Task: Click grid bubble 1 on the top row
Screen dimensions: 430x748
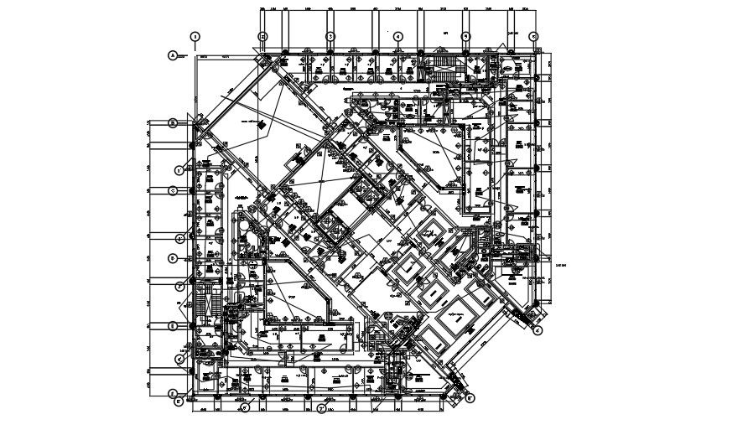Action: click(x=195, y=37)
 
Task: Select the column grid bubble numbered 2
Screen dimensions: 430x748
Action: click(x=262, y=37)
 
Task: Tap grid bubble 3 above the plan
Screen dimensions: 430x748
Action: click(x=330, y=37)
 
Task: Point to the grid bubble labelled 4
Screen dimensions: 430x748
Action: click(x=397, y=37)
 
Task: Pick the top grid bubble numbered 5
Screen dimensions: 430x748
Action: click(x=465, y=37)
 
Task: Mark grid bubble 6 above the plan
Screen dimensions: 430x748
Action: click(x=533, y=37)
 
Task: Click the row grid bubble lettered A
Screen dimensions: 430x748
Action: click(x=174, y=56)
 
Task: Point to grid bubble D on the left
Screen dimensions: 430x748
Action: click(x=174, y=259)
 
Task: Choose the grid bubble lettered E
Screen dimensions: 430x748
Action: click(x=174, y=326)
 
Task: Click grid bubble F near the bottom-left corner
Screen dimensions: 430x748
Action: click(x=174, y=393)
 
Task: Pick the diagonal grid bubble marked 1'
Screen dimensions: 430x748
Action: click(x=179, y=170)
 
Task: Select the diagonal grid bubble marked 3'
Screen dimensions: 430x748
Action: click(x=179, y=286)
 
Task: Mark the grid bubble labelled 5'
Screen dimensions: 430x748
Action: click(x=179, y=402)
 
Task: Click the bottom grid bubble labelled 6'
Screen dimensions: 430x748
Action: click(x=245, y=410)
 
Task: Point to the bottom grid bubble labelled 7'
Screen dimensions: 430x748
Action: click(x=321, y=410)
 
